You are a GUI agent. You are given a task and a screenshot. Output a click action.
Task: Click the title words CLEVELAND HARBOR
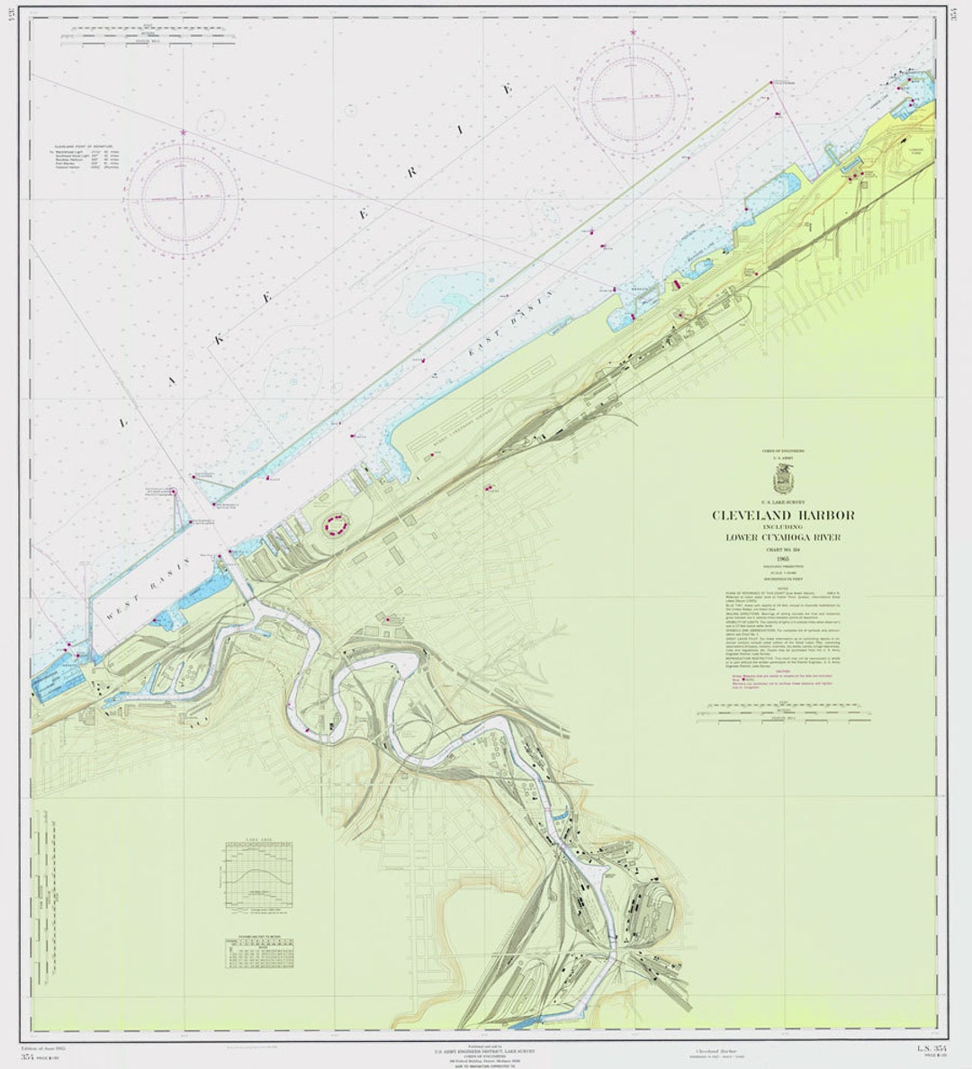point(783,516)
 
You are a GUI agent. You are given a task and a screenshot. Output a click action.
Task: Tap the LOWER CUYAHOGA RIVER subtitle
point(783,537)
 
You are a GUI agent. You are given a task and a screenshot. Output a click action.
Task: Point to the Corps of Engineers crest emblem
point(783,480)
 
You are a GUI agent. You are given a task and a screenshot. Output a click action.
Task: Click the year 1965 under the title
point(783,559)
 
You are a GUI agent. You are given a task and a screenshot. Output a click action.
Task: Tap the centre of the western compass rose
point(183,194)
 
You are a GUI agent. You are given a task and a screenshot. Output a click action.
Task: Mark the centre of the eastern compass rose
point(634,94)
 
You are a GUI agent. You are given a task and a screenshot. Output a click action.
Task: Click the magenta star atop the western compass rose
point(184,132)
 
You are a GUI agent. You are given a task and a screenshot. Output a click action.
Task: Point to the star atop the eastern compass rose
point(634,32)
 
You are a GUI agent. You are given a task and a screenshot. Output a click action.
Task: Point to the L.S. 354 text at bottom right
point(932,1048)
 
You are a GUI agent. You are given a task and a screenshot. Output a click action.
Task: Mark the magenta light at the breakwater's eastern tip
point(772,83)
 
